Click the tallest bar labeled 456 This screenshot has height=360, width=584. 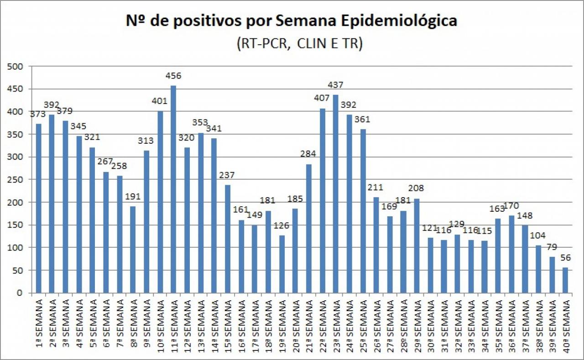(x=173, y=189)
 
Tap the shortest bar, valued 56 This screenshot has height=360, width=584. (x=565, y=280)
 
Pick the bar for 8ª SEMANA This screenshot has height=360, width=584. (x=133, y=250)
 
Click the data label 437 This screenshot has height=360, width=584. (x=335, y=85)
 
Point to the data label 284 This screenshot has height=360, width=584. (x=308, y=154)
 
